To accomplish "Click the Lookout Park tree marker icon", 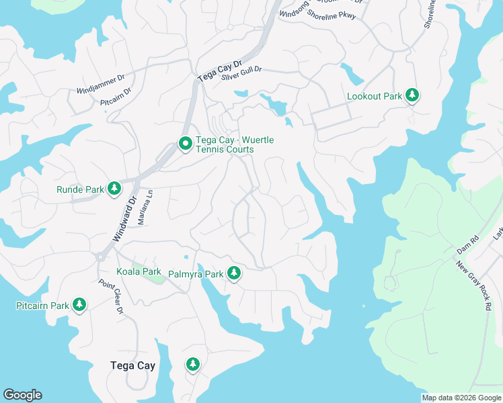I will [x=412, y=96].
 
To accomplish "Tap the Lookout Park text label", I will [x=374, y=96].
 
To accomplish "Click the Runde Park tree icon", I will [x=114, y=189].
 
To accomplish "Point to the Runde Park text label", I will [x=80, y=189].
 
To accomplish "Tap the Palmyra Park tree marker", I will [x=234, y=274].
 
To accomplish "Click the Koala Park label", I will [x=139, y=271].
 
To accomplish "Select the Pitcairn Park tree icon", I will [x=79, y=306].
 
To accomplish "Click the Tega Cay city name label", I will [x=132, y=366].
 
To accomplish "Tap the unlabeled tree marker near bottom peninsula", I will [x=193, y=365].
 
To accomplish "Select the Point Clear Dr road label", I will [x=110, y=297].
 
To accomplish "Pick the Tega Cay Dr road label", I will [x=214, y=68].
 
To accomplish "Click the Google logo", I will [x=22, y=395].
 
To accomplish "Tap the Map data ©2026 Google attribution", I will [x=461, y=398].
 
